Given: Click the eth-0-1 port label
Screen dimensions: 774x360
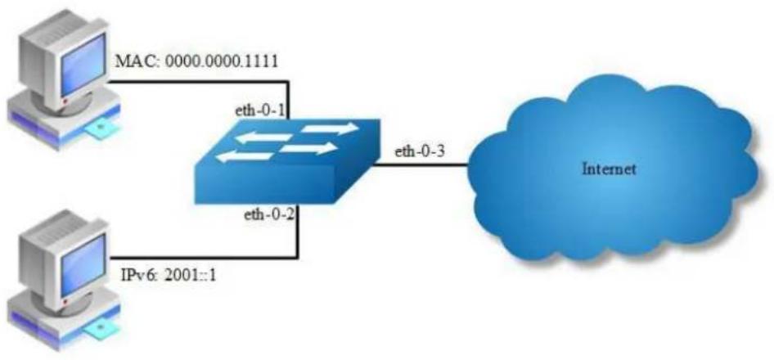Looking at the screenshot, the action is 260,110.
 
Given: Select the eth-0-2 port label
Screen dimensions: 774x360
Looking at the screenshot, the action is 268,216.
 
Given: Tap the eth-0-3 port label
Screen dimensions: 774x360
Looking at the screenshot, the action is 420,151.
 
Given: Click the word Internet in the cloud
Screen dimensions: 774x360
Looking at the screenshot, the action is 609,169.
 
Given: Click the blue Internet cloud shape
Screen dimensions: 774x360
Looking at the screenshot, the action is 612,171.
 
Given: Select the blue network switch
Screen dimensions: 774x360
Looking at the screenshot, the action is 286,160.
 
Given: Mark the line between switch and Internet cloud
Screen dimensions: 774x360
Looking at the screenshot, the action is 420,164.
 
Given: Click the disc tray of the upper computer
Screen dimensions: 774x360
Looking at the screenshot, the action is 102,131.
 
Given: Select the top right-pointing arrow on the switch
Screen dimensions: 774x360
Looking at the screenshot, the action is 330,128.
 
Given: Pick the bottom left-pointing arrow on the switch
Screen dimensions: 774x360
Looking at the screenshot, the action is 245,156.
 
